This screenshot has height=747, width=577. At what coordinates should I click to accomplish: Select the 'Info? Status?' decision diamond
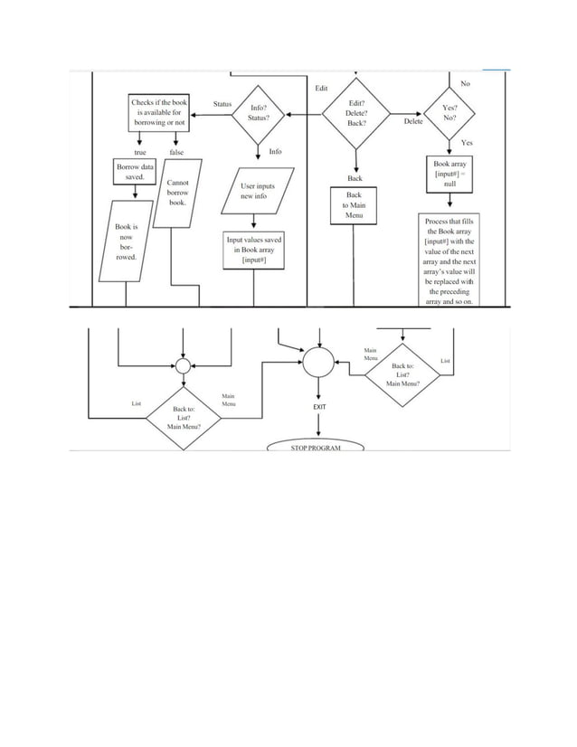258,114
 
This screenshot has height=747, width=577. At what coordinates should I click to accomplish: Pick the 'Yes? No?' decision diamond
449,112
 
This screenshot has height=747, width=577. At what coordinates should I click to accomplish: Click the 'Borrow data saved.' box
135,172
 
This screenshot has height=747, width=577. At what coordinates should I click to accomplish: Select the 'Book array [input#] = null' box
449,174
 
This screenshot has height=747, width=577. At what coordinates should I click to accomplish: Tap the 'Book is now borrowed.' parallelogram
126,241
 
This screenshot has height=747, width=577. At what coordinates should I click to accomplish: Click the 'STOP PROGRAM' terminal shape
316,447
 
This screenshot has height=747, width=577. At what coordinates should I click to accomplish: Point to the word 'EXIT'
319,408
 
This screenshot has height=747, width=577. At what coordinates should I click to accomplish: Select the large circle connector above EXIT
318,363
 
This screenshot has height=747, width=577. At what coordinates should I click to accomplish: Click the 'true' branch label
140,153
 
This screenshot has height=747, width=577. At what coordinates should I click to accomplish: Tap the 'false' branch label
176,153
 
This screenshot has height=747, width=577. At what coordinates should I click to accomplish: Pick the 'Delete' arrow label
413,120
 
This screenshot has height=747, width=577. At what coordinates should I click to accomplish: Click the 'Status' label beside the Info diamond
222,104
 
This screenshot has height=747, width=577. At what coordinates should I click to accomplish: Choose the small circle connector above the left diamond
183,365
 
